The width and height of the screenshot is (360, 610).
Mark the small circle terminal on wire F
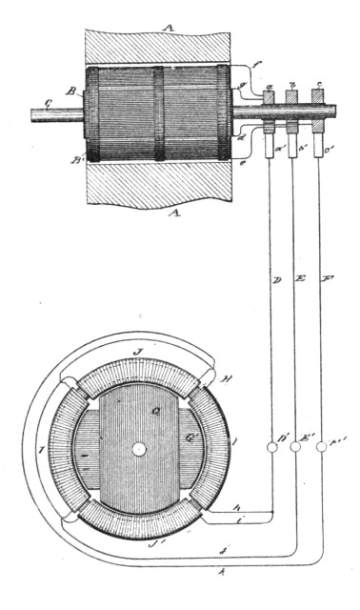322,445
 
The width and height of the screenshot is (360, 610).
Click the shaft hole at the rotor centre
139,448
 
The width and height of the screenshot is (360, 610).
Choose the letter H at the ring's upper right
225,379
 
